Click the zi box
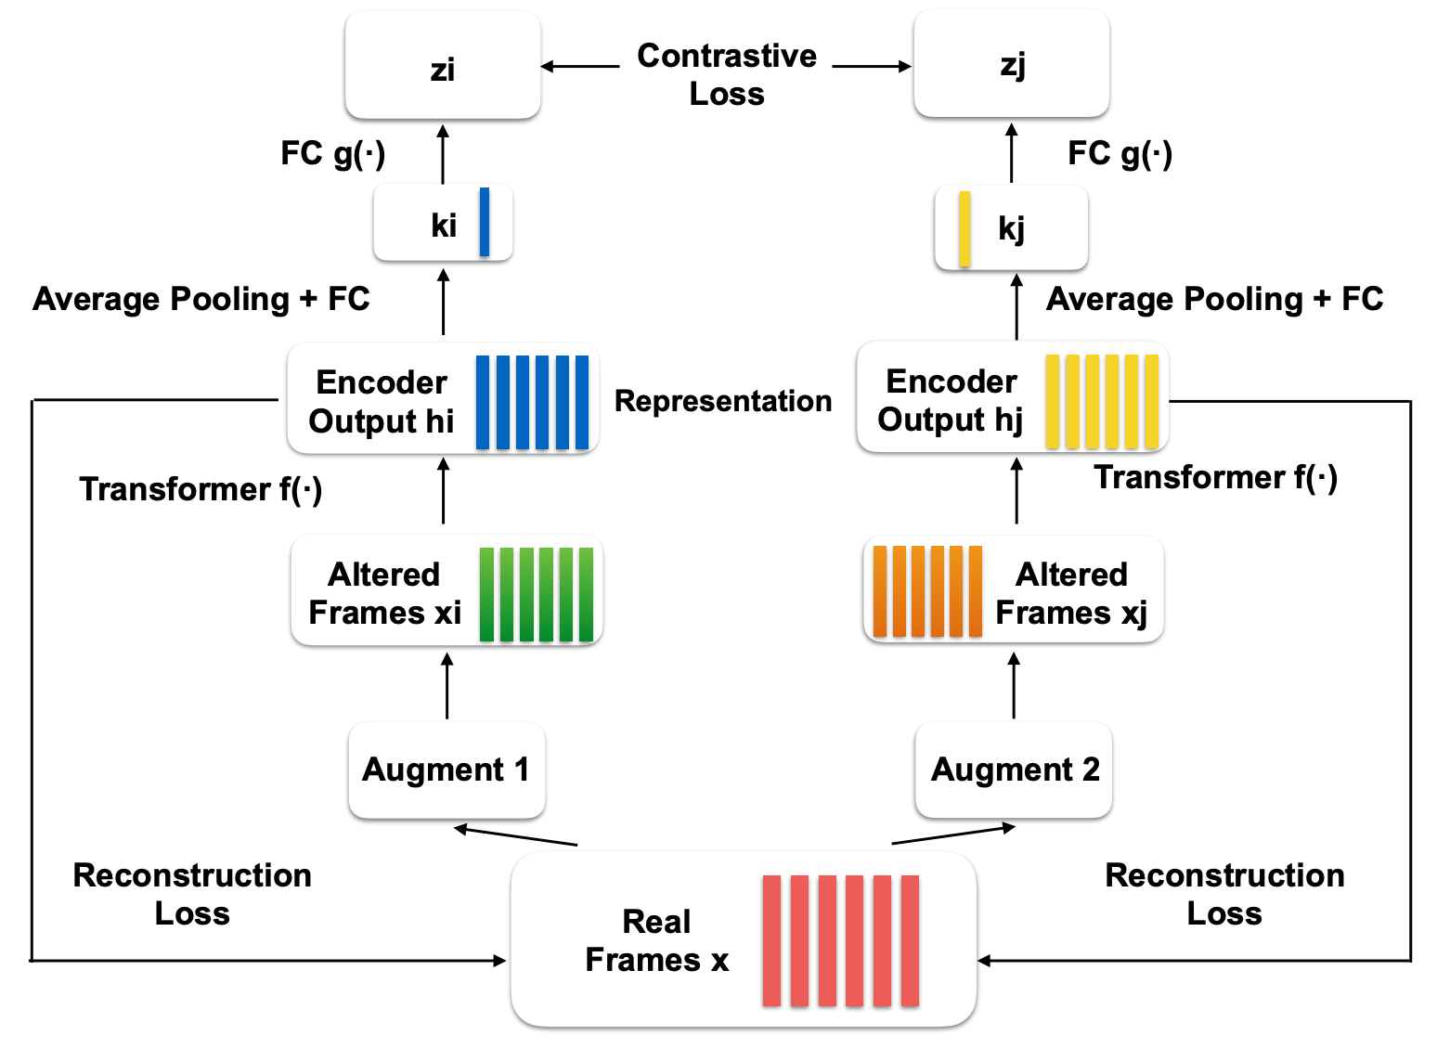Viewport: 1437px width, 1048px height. pos(443,66)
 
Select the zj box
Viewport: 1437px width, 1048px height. pos(1011,64)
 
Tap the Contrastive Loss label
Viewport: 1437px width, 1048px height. pos(726,74)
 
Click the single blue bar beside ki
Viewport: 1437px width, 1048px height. pos(484,222)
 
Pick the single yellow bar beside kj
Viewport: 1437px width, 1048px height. pos(964,228)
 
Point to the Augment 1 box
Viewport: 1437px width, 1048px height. pos(447,770)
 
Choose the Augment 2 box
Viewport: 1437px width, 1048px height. pos(1014,770)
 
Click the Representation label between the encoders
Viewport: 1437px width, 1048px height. pos(723,401)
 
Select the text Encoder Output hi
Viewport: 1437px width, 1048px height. pos(382,402)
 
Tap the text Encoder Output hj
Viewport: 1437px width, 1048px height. pos(951,400)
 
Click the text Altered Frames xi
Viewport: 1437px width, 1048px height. pos(384,593)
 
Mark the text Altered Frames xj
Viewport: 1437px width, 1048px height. pos(1071,593)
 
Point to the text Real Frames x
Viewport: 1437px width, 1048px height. pos(656,940)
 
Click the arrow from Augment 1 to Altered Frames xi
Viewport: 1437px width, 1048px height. pos(447,685)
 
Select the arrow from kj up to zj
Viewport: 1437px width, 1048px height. pos(1011,153)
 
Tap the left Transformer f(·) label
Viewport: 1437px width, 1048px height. pos(201,489)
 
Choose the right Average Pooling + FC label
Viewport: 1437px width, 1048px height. pos(1214,299)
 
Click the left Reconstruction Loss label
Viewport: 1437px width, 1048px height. pos(192,894)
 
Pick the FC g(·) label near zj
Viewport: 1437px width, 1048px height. pos(1120,153)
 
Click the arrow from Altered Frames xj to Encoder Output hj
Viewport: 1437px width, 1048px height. pos(1016,491)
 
